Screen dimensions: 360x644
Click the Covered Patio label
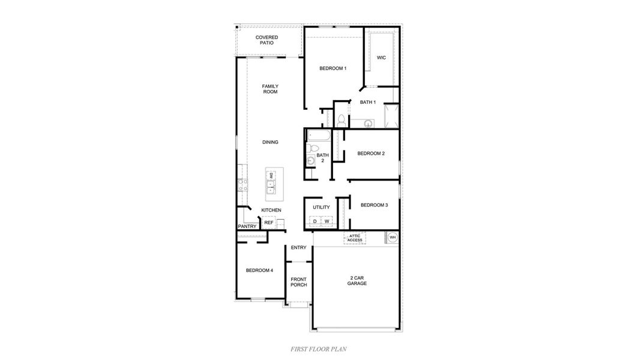click(x=266, y=40)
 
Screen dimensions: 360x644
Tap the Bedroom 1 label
click(x=333, y=68)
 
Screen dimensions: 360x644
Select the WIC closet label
click(x=381, y=58)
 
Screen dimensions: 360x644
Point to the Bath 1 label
click(x=368, y=103)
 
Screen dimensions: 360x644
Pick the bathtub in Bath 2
click(x=319, y=135)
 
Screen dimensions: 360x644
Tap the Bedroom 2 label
click(x=370, y=154)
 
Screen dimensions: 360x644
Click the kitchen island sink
click(x=271, y=191)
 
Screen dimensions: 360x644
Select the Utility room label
click(x=321, y=208)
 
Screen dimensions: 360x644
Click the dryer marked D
click(x=314, y=221)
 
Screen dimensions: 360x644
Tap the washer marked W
click(x=327, y=221)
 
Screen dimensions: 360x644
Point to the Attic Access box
click(x=355, y=238)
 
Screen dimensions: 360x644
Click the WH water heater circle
click(x=393, y=238)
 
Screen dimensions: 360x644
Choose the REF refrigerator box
click(x=269, y=223)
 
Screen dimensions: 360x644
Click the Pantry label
click(x=247, y=226)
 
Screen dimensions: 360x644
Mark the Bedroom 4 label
click(x=259, y=271)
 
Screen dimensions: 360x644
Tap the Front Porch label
click(x=298, y=282)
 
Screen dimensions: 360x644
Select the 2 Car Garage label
click(x=357, y=280)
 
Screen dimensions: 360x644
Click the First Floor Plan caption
click(x=318, y=349)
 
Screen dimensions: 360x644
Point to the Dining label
click(x=270, y=142)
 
